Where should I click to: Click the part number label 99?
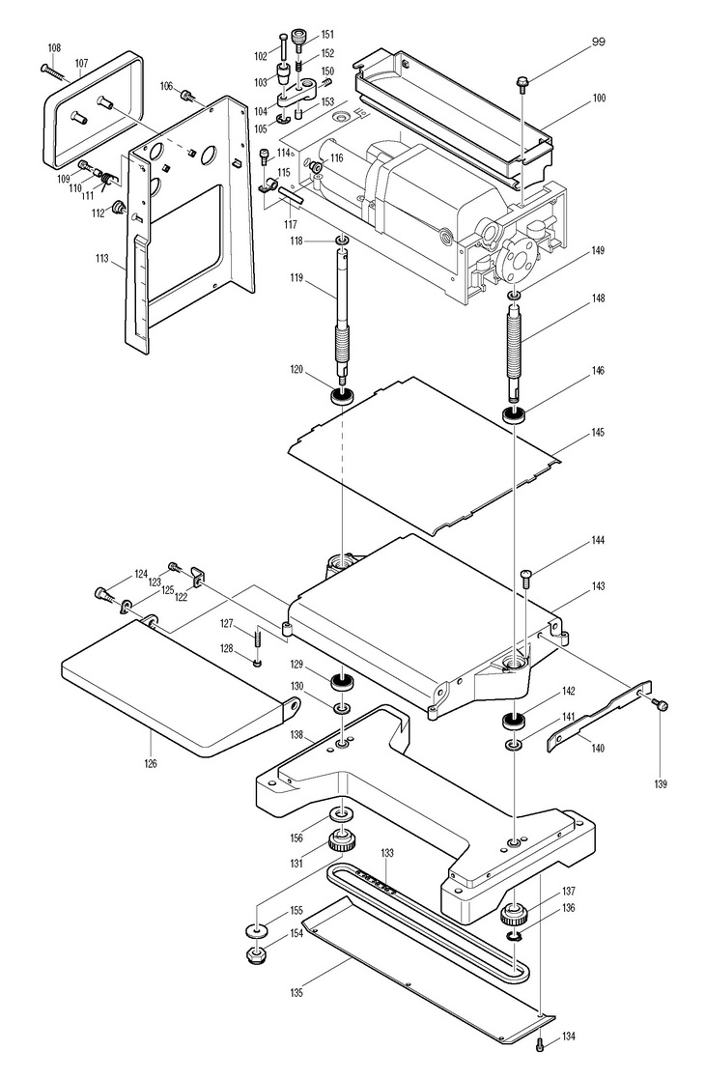[598, 42]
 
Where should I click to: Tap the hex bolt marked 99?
[522, 82]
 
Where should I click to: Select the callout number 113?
[101, 259]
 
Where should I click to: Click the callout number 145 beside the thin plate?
[597, 432]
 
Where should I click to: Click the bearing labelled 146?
[515, 415]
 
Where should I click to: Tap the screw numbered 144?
[527, 578]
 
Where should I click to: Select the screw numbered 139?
[663, 704]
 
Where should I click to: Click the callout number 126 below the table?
[151, 762]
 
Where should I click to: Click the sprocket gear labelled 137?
[515, 915]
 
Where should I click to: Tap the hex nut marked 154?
[258, 955]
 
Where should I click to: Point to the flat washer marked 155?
[257, 931]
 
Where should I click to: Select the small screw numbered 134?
[541, 1043]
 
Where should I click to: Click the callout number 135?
[296, 992]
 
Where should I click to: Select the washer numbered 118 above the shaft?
[342, 241]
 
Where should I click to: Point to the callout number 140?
[598, 748]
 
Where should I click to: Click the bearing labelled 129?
[342, 683]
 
